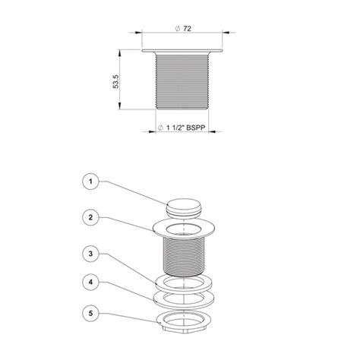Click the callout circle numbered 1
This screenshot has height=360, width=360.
coord(90,182)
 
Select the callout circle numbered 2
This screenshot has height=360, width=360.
coord(90,217)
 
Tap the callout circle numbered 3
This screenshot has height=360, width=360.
coord(90,254)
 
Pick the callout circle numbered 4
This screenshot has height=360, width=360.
coord(90,282)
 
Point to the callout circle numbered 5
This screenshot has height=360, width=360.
coord(90,314)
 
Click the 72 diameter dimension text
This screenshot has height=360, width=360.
coord(187,29)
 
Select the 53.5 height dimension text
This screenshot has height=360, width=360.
coord(115,81)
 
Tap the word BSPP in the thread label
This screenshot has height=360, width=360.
coord(196,128)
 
